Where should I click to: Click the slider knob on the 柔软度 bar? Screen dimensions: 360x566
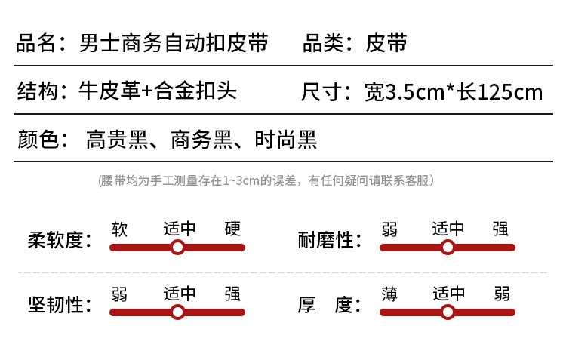click(x=177, y=248)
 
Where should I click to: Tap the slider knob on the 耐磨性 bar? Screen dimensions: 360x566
click(x=448, y=248)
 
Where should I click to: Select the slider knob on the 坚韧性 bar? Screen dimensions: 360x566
click(x=177, y=312)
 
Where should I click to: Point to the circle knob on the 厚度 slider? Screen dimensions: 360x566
click(x=448, y=312)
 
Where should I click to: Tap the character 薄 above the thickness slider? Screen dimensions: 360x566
click(x=389, y=294)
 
